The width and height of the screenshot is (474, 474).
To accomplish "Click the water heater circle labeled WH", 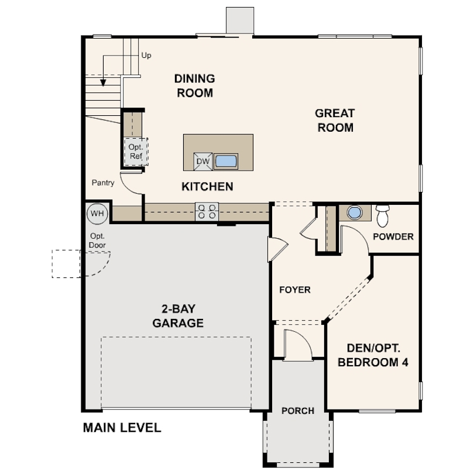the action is pos(97,214).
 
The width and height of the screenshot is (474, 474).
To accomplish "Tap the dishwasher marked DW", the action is pos(203,162).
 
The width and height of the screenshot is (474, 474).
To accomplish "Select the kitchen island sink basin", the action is pos(226,162).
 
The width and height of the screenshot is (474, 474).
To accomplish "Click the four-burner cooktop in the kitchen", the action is pos(207,211).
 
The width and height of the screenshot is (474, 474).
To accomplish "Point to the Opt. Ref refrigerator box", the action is pos(136,152).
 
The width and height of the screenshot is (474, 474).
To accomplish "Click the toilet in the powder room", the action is pos(383,216).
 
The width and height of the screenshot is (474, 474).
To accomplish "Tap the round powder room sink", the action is pos(355,212).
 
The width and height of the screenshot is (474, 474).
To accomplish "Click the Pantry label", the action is pos(103,183).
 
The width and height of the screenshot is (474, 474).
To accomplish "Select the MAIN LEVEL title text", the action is pos(122,428).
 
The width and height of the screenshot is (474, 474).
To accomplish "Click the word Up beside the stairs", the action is pos(146,56).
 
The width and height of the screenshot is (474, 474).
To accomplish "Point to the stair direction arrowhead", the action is pos(103,83).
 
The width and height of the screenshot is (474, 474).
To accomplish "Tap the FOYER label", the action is pos(295,290).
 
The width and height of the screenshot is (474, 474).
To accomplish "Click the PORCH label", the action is pos(298,411).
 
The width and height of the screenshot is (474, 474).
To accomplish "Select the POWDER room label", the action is pos(393,236).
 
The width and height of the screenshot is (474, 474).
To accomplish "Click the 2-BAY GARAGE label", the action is pos(178,316).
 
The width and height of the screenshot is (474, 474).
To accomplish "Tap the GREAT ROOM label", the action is pos(335,121).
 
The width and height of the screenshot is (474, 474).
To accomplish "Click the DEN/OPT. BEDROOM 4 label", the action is pos(373,355).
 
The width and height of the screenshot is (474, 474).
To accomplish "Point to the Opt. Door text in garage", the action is pos(97,241).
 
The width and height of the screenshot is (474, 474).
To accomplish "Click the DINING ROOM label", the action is pos(195,86).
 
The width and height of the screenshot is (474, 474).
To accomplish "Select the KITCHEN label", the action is pos(207,187).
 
